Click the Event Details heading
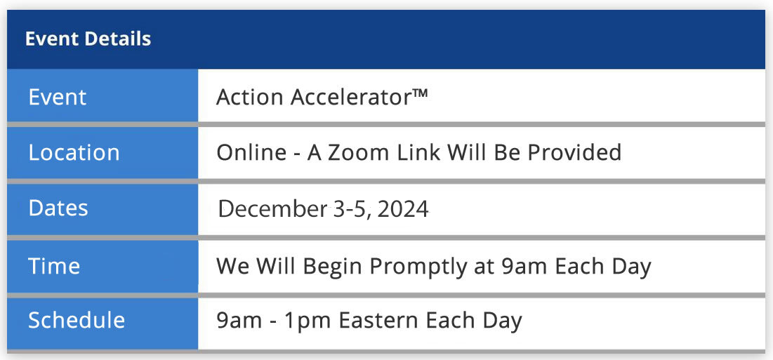coord(88,39)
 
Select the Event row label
coord(57,97)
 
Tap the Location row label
coord(74,153)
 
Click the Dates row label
coord(58,208)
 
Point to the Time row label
coord(54,266)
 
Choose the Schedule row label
coord(77,320)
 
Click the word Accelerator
coord(350,97)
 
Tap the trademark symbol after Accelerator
coord(420,93)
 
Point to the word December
coord(272,209)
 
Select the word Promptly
coord(418,267)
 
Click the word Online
coord(251,153)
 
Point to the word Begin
coord(333,267)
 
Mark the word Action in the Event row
coord(250,97)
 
